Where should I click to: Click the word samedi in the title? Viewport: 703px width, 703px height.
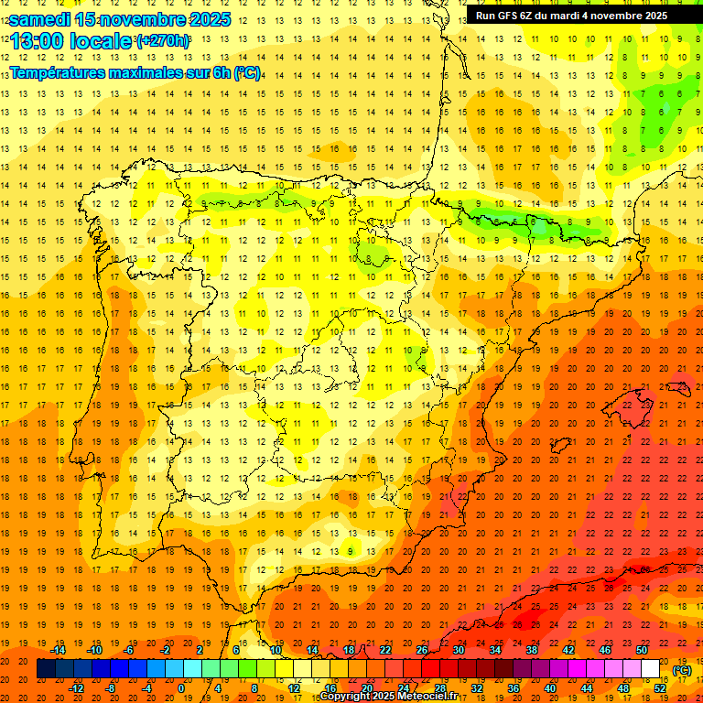pyautogui.click(x=40, y=19)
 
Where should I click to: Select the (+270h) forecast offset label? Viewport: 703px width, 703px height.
pyautogui.click(x=163, y=41)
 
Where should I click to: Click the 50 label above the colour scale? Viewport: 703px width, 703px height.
pyautogui.click(x=642, y=650)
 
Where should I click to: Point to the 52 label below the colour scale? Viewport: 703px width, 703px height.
pyautogui.click(x=660, y=688)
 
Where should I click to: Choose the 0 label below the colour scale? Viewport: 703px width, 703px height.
pyautogui.click(x=181, y=688)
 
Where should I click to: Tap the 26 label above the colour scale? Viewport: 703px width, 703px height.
pyautogui.click(x=422, y=650)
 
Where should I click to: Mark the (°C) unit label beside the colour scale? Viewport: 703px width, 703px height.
pyautogui.click(x=682, y=669)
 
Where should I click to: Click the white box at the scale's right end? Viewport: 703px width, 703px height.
pyautogui.click(x=650, y=669)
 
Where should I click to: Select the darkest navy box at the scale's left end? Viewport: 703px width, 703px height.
pyautogui.click(x=46, y=669)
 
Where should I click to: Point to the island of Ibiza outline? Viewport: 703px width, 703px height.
pyautogui.click(x=561, y=446)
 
